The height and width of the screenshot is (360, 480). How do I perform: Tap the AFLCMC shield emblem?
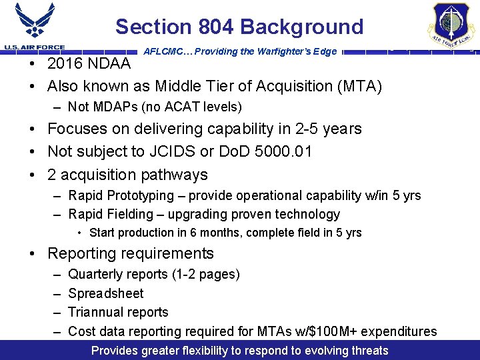451,25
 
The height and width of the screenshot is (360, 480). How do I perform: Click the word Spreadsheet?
106,293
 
